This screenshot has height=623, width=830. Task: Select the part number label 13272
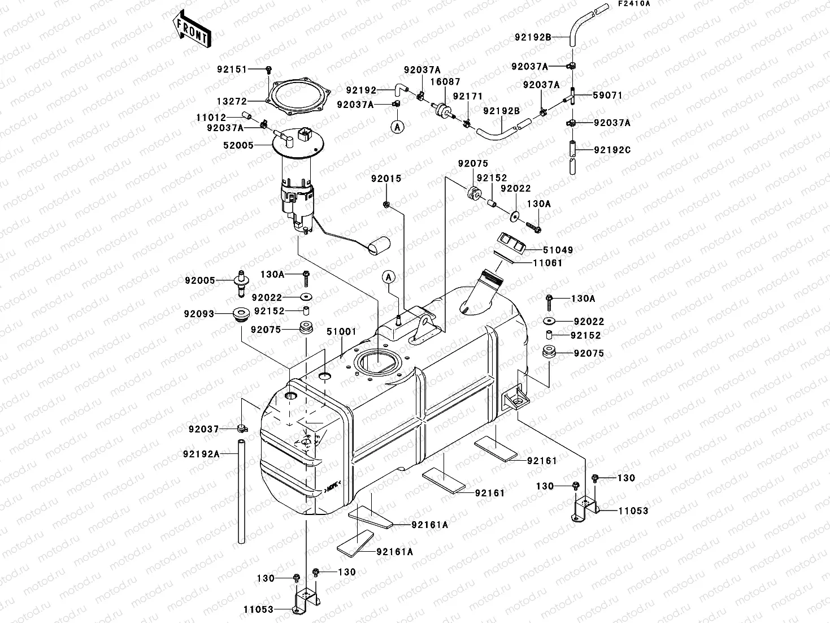pyautogui.click(x=231, y=101)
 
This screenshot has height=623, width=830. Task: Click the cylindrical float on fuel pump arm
pyautogui.click(x=379, y=245)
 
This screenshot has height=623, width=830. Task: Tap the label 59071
pyautogui.click(x=608, y=96)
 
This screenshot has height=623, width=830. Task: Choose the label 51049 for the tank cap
pyautogui.click(x=559, y=250)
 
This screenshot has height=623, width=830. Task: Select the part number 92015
pyautogui.click(x=386, y=179)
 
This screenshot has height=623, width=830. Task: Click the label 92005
pyautogui.click(x=199, y=280)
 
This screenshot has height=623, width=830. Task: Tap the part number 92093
pyautogui.click(x=199, y=313)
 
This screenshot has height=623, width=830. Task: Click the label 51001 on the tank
pyautogui.click(x=341, y=332)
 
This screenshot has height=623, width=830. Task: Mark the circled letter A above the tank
pyautogui.click(x=388, y=276)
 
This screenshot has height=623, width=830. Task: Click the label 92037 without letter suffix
pyautogui.click(x=203, y=429)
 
